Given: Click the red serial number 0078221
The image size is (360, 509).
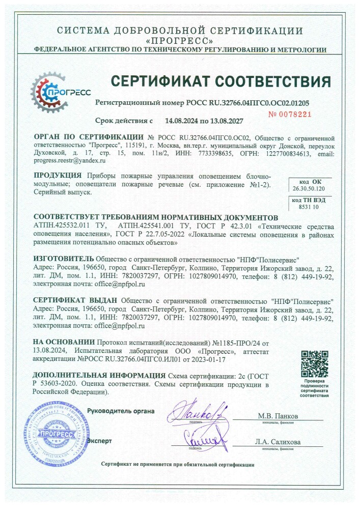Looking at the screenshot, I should coord(289,114).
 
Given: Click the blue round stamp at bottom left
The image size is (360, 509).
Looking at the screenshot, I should coord(56,428).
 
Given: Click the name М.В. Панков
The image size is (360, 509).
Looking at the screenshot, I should coord(278,416).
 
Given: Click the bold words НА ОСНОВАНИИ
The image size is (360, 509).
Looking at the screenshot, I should coord(64,342).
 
